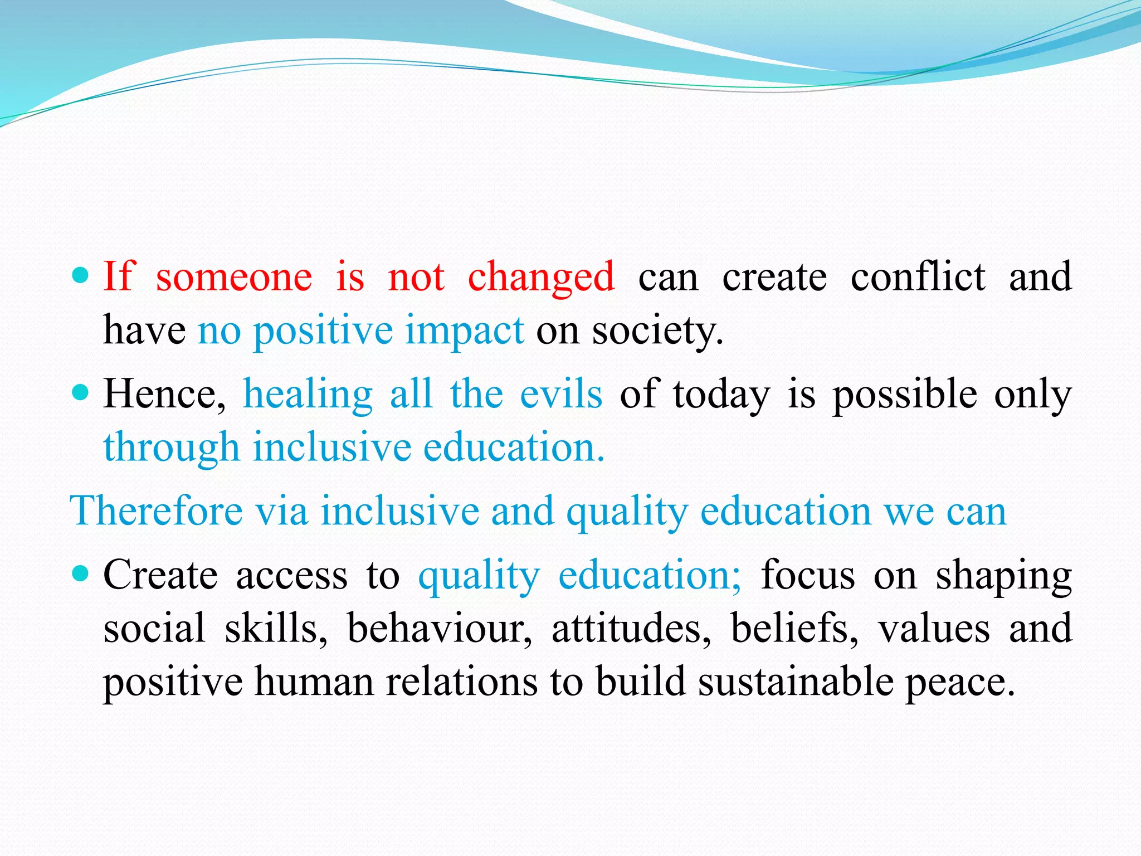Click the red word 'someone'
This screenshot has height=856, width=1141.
tap(233, 277)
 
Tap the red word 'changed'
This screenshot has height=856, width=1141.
tap(541, 277)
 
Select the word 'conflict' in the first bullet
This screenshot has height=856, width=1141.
tap(918, 277)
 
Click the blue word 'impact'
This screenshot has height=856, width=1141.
tap(464, 330)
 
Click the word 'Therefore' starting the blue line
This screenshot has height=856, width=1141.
tap(156, 511)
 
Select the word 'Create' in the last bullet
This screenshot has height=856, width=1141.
tap(160, 575)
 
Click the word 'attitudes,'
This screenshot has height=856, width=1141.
tap(631, 629)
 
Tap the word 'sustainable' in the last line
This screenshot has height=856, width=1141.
tap(796, 682)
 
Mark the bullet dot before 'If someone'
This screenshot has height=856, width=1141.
tap(81, 275)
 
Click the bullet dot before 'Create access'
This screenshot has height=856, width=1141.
tap(81, 573)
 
